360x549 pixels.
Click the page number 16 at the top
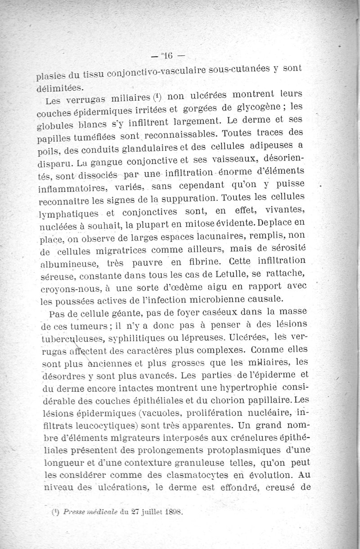(168, 56)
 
